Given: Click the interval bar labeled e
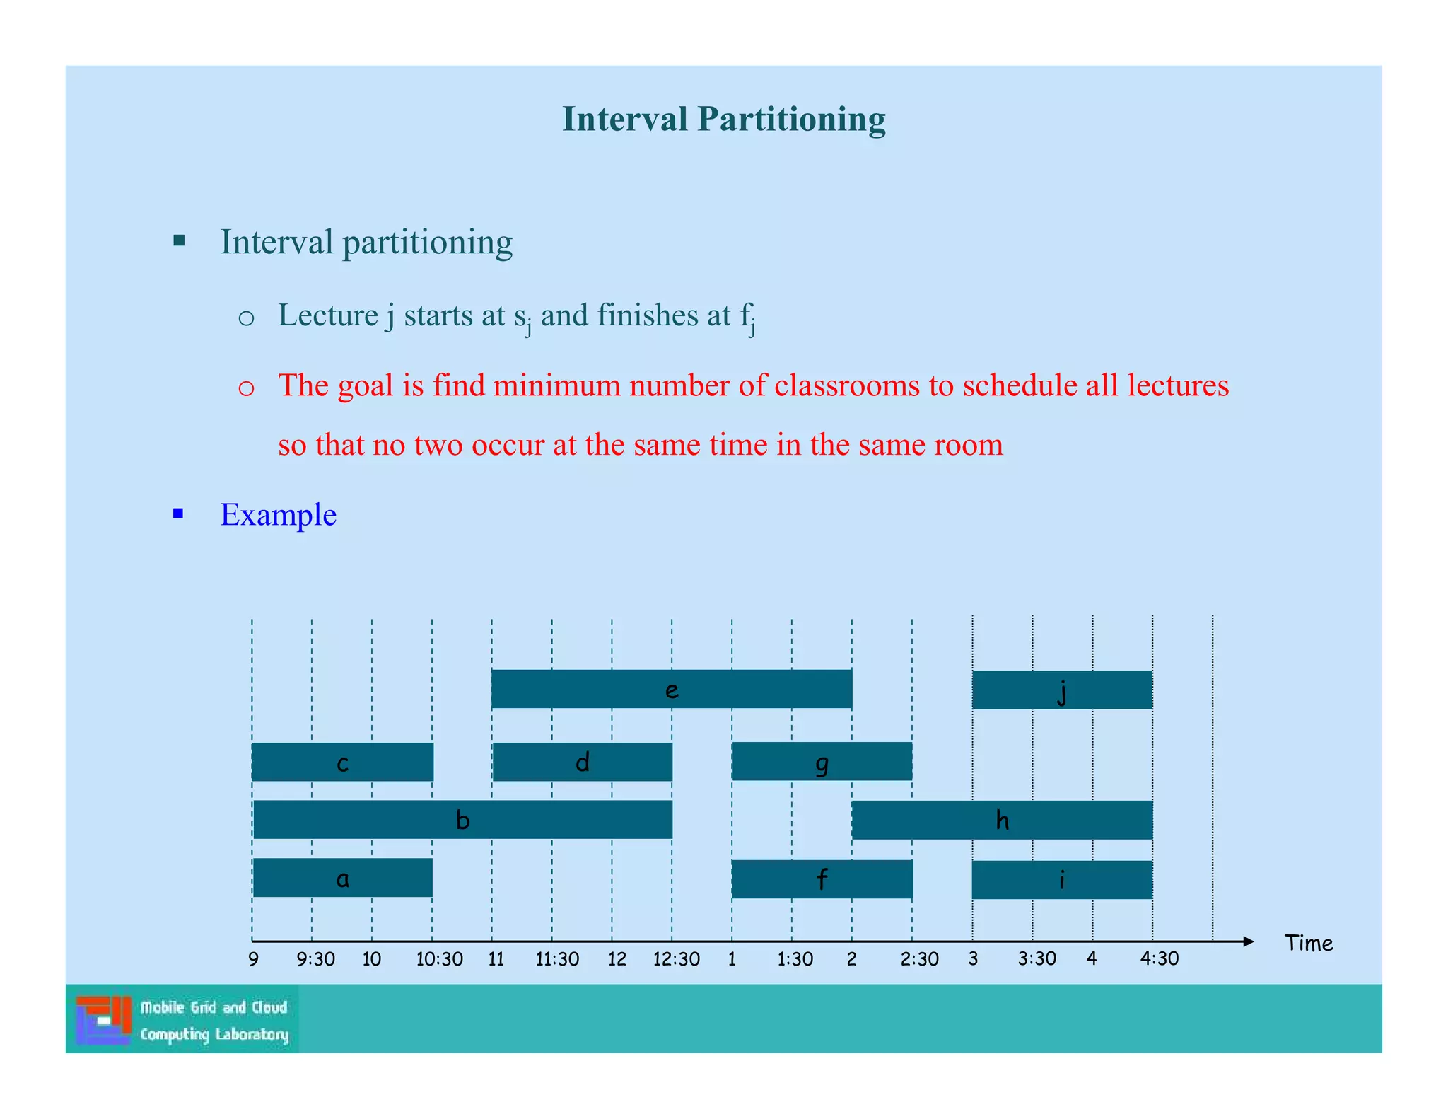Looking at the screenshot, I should (x=671, y=689).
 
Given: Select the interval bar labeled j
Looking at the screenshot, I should (x=1061, y=690).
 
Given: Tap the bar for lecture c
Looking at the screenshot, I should (x=342, y=762).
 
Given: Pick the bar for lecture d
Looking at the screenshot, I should (x=582, y=762).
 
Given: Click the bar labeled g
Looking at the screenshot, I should (x=822, y=762).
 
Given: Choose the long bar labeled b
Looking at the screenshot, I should (x=462, y=820).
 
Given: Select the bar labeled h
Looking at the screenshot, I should (x=1002, y=820).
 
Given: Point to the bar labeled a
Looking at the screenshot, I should (x=342, y=878).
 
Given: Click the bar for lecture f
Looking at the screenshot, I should (x=822, y=879).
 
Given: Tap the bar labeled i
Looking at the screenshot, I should (x=1061, y=879).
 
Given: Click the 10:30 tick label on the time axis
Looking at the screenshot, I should (x=439, y=960).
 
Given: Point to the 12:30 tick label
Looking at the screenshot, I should (x=676, y=960).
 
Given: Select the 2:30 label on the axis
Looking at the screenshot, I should (x=919, y=960).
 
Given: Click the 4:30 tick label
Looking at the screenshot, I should (x=1160, y=959).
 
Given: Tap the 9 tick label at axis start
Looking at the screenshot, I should (x=253, y=960).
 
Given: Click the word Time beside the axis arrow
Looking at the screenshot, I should (x=1309, y=944).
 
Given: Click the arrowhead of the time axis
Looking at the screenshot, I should (x=1248, y=941).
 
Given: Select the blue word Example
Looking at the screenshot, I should (x=278, y=514).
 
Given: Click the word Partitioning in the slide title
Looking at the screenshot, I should (x=791, y=119).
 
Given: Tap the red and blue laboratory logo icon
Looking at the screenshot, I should (x=103, y=1019).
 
